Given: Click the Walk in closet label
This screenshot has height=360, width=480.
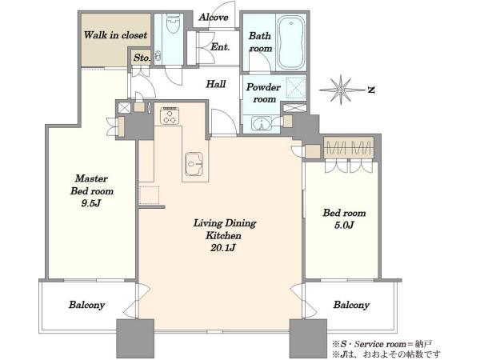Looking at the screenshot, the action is point(115,35).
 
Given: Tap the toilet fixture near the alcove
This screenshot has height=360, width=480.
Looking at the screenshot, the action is point(172,24).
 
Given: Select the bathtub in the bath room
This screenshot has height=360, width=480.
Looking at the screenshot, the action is point(291,42).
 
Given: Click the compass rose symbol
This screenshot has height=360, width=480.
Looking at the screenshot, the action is point(341,90).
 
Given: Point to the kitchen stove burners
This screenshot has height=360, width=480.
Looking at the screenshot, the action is point(170,116).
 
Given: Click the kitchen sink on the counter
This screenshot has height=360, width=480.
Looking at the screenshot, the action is point(194,164).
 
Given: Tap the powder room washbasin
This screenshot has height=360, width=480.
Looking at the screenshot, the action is point(262,124).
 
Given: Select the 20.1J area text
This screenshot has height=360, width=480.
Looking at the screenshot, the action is point(223,248).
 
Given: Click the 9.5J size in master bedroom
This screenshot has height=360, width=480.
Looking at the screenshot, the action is point(91,203).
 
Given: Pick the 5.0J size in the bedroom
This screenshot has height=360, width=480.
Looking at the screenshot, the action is point(344,226).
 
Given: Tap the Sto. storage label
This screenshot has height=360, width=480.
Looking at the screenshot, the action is point(142,58).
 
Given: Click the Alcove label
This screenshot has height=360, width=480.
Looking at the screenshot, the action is point(214,18).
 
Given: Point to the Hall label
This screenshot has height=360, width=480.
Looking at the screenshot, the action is point(216,84).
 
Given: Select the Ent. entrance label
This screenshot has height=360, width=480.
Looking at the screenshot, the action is point(220,47).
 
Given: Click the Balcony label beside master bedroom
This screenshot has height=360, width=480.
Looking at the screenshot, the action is point(86,306).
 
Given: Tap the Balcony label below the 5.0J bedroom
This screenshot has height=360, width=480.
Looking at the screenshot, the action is point(351,306).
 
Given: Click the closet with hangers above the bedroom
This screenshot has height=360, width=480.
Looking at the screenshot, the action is point(349,147).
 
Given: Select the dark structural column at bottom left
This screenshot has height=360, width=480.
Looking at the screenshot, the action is point(135,338).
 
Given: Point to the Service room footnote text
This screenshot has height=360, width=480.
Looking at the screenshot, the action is point(382,344).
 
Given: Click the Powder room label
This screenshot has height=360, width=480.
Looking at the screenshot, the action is point(263,93).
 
